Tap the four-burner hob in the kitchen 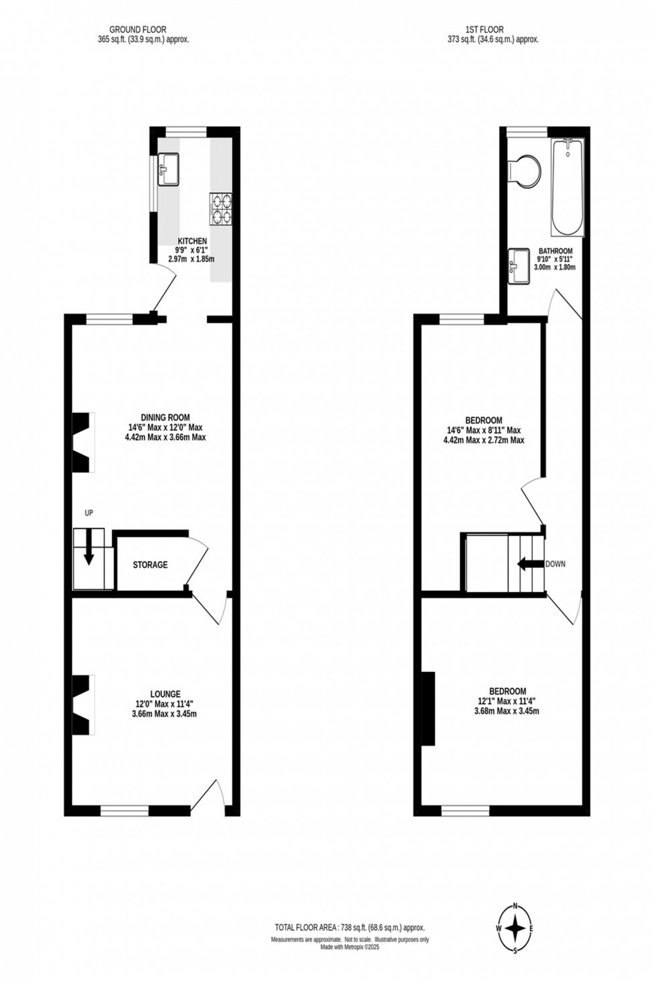pyautogui.click(x=221, y=208)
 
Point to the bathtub pyautogui.click(x=567, y=187)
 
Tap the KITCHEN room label pyautogui.click(x=192, y=241)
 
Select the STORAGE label pyautogui.click(x=150, y=565)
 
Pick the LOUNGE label pyautogui.click(x=165, y=694)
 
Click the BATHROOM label pyautogui.click(x=555, y=251)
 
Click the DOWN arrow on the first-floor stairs pyautogui.click(x=531, y=564)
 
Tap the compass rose pyautogui.click(x=516, y=928)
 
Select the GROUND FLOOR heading pyautogui.click(x=138, y=29)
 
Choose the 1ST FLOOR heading pyautogui.click(x=484, y=29)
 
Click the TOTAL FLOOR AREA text pyautogui.click(x=350, y=928)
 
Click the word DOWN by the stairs pyautogui.click(x=555, y=564)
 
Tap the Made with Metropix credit pyautogui.click(x=350, y=947)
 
